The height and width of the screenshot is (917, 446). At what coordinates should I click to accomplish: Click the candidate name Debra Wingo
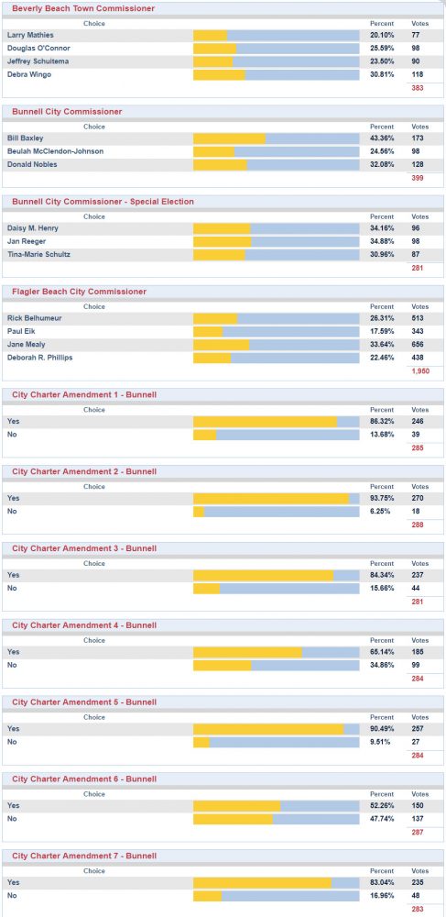tap(28, 74)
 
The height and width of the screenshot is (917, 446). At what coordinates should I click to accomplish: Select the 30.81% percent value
tap(382, 74)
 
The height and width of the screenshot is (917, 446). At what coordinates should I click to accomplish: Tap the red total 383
tap(418, 88)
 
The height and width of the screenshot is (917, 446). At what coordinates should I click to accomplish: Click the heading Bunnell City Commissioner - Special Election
tap(103, 202)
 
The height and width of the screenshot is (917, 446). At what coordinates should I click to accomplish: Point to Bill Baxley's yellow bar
tap(230, 138)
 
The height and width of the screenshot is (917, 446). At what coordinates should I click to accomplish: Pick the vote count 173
tap(418, 138)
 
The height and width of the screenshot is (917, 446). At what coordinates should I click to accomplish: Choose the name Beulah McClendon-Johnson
tap(56, 151)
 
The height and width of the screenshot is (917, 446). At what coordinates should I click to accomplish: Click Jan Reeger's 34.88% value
tap(382, 241)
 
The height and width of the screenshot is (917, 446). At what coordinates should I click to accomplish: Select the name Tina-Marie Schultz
tap(38, 254)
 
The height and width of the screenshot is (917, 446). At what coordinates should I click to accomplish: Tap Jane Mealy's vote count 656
tap(418, 345)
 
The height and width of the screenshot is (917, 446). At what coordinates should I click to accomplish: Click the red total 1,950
tap(420, 370)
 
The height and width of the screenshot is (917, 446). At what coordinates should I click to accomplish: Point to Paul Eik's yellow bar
tap(208, 332)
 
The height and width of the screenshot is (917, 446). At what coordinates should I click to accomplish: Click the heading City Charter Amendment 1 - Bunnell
tap(84, 394)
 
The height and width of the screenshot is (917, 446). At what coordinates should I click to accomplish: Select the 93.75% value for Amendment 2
tap(382, 498)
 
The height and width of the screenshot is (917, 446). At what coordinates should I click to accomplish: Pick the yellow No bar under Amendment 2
tap(199, 512)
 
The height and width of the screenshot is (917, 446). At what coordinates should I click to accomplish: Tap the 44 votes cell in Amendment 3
tap(415, 589)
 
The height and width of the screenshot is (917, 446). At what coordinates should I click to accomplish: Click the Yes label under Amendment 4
tap(13, 652)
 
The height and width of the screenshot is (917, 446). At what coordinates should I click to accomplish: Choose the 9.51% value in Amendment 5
tap(380, 742)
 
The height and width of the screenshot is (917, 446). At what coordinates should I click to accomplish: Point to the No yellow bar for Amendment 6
tap(233, 819)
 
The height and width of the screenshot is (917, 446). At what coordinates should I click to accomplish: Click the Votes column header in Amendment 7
tap(419, 871)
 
